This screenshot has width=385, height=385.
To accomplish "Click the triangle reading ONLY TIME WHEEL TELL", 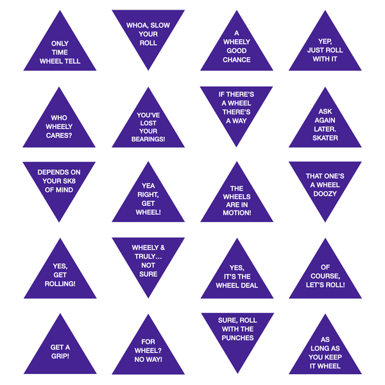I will tap(60, 51).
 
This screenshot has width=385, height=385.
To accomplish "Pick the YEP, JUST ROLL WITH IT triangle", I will tap(325, 51).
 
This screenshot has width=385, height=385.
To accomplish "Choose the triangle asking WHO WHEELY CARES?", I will tap(60, 127).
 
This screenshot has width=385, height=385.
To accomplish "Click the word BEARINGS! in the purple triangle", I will tap(148, 139).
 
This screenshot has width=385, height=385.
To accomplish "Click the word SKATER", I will tap(325, 138).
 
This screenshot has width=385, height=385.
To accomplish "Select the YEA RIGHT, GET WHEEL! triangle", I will tap(148, 199).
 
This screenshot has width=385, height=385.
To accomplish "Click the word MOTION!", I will tap(237, 213).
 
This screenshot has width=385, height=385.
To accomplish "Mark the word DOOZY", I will tap(325, 194).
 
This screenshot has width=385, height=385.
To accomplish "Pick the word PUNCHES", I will tap(237, 338).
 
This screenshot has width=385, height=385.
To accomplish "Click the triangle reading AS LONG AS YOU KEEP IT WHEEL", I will tap(325, 353).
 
